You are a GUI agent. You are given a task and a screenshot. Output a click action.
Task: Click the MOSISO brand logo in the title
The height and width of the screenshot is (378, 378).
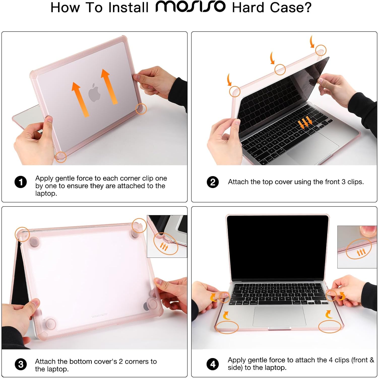coord(190,7)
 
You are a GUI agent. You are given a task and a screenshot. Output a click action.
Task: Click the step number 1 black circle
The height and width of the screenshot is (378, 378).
coord(21,182)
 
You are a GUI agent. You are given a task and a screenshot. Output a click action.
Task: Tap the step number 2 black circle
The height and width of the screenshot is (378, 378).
coord(213,182)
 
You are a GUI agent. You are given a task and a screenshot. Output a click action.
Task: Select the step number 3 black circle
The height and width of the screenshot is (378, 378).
coord(21,364)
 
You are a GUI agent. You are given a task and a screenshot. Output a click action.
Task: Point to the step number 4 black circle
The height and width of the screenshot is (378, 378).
coord(213,364)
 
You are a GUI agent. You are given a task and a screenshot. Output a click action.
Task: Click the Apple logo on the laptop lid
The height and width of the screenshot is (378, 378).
coord(94,92)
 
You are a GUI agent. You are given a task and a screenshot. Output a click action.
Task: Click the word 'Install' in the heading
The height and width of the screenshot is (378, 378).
coord(128,7)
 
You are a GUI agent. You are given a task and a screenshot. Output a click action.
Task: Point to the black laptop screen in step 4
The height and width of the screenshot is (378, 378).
coord(277,247)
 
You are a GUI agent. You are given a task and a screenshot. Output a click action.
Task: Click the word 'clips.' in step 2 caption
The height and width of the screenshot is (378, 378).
coord(355,182)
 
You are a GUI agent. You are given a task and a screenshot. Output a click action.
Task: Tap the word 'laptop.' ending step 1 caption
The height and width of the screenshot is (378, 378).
coord(46,194)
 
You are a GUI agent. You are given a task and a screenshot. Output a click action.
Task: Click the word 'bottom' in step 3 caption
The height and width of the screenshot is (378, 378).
coord(79,362)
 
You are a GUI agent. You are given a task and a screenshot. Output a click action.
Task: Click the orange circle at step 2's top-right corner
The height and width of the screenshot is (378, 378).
coord(321,50)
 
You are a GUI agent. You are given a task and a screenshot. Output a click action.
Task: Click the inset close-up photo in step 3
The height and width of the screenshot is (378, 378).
coord(167,236)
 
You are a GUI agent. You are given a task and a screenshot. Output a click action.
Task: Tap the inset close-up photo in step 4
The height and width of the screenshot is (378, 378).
coord(357,247)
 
